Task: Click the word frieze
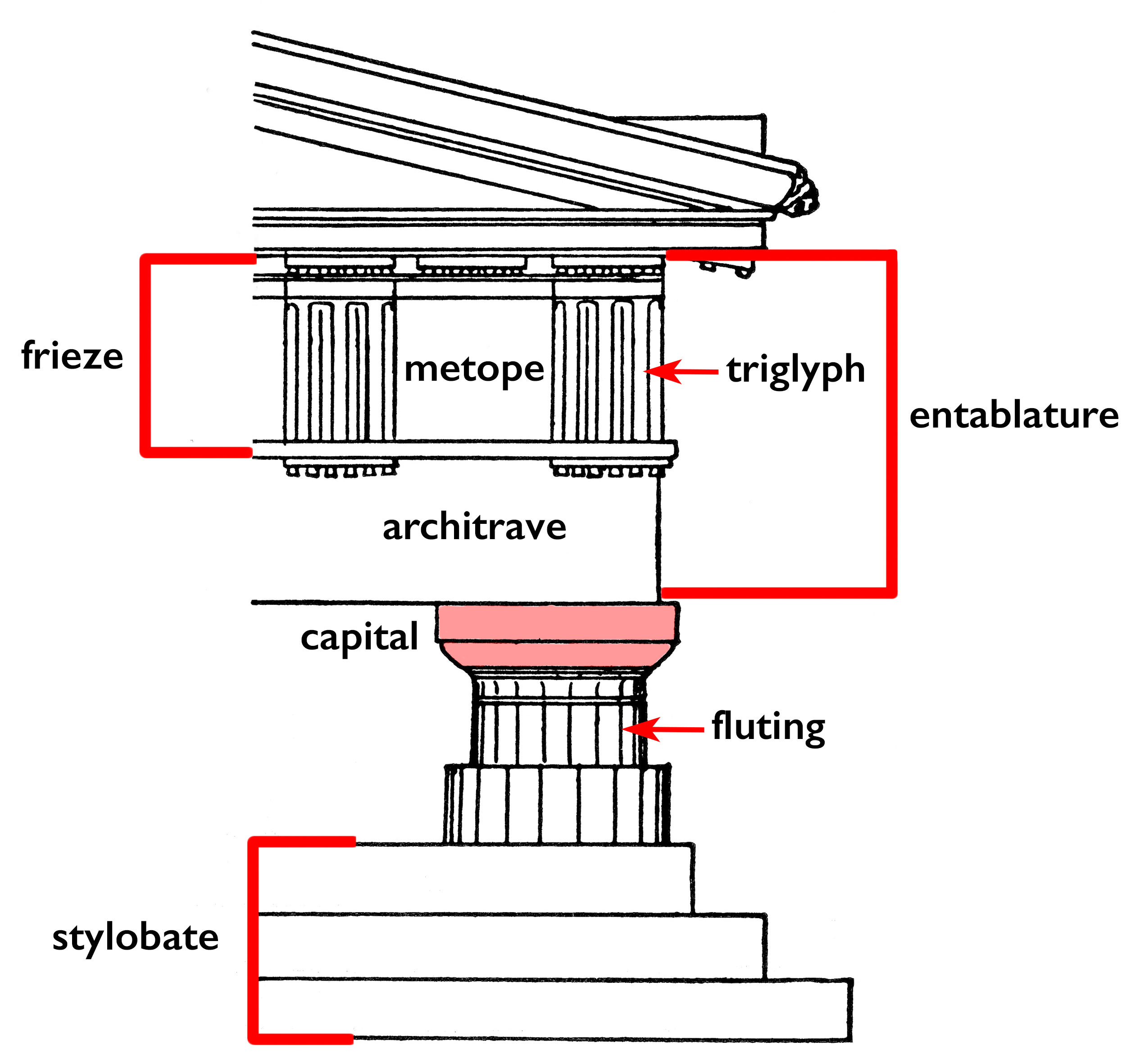coord(72,356)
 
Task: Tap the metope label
coord(474,369)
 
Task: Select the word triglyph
coord(795,371)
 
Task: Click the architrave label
coord(474,527)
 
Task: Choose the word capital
coord(359,637)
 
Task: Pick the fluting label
coord(768,727)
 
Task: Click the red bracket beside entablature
coord(891,423)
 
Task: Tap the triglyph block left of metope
coord(340,369)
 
